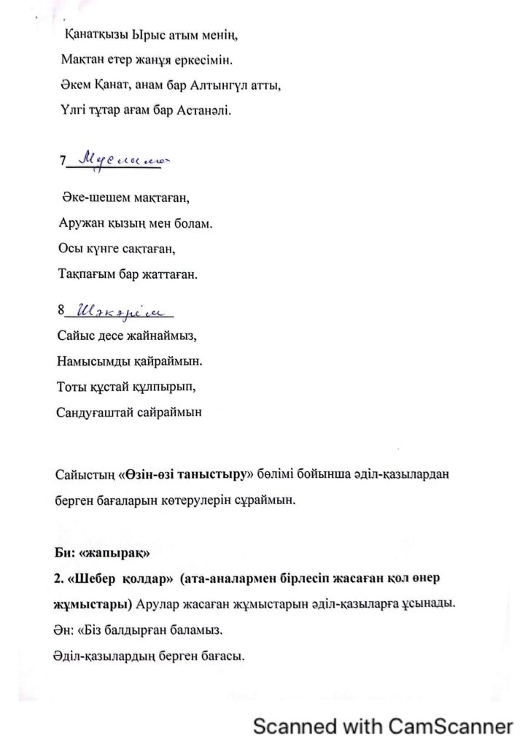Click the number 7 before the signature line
pos(63,161)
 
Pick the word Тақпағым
pos(85,275)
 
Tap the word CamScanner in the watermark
pos(450,727)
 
